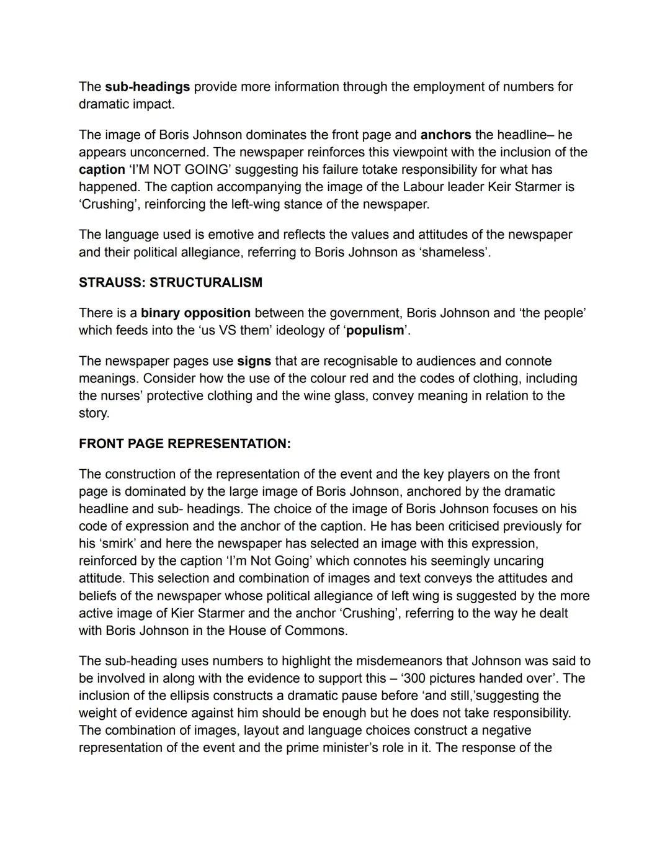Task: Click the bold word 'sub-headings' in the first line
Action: [147, 87]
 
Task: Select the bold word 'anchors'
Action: [445, 135]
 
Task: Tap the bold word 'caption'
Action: [102, 169]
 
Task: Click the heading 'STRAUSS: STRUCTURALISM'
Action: [171, 282]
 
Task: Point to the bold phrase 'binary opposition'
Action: [195, 313]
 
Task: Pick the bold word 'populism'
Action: [375, 330]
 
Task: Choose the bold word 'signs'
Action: [254, 361]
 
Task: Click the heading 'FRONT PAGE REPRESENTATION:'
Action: [185, 444]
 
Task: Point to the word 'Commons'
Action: [321, 631]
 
